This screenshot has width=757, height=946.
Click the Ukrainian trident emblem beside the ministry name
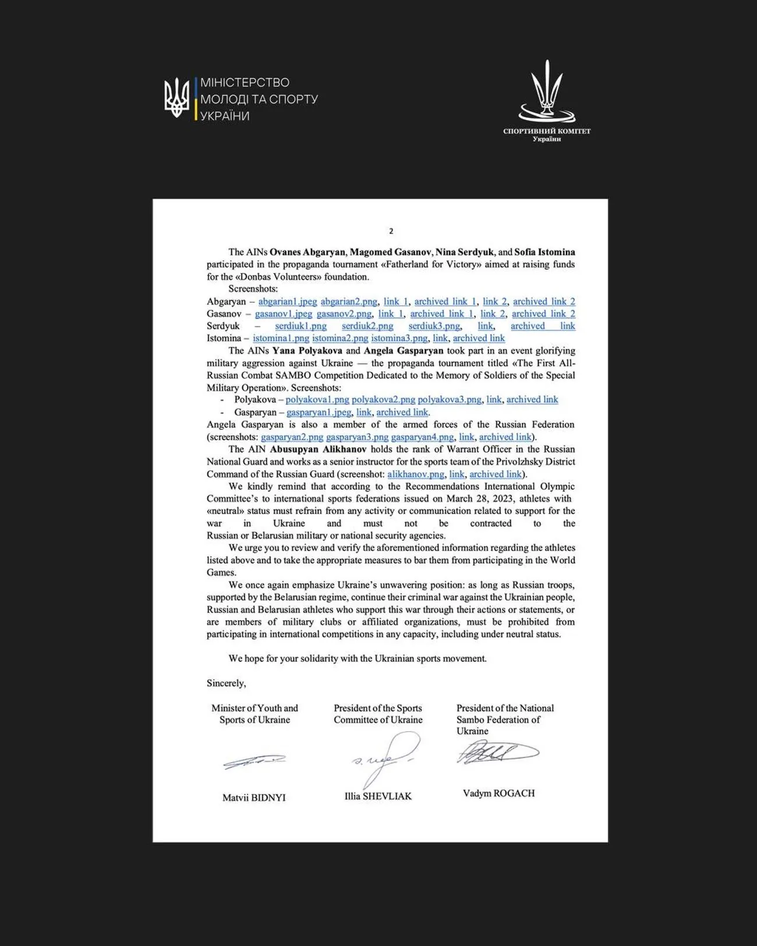(176, 98)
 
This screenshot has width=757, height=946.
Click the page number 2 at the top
(391, 231)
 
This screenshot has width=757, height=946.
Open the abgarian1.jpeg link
(288, 302)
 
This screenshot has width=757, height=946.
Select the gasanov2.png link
(344, 314)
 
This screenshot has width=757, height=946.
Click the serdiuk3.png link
(434, 326)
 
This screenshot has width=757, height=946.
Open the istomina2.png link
(340, 338)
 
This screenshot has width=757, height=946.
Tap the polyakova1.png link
(317, 399)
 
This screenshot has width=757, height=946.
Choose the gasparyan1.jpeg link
(319, 412)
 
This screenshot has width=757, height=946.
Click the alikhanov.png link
(415, 474)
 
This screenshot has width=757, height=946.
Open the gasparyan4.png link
(422, 437)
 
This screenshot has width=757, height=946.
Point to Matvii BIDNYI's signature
(254, 761)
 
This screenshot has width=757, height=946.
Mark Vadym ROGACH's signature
(497, 753)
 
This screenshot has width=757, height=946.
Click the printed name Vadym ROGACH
(498, 793)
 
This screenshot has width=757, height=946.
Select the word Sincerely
(226, 683)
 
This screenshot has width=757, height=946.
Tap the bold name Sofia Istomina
(544, 252)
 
